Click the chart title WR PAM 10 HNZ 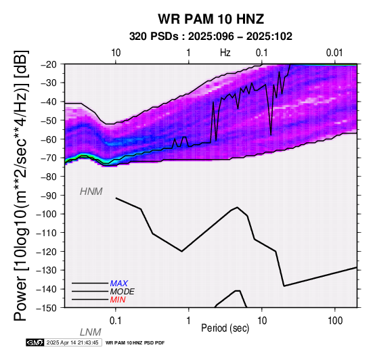click(x=211, y=19)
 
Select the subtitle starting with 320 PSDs click(x=211, y=37)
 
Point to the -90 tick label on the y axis click(x=49, y=196)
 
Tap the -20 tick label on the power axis click(x=49, y=64)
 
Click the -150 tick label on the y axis click(x=47, y=308)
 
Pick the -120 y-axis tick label click(x=47, y=252)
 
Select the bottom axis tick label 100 click(x=335, y=321)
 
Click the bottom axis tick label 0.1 click(x=116, y=321)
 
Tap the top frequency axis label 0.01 click(x=334, y=53)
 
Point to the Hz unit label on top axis click(x=225, y=53)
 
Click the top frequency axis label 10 click(x=116, y=53)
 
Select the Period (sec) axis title click(x=225, y=328)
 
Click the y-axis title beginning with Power click(x=21, y=185)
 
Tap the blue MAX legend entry click(x=119, y=284)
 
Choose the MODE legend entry click(x=123, y=292)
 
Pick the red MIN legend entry click(x=118, y=300)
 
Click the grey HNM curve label click(x=91, y=192)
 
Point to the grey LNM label click(x=91, y=332)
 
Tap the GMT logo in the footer click(x=35, y=342)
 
